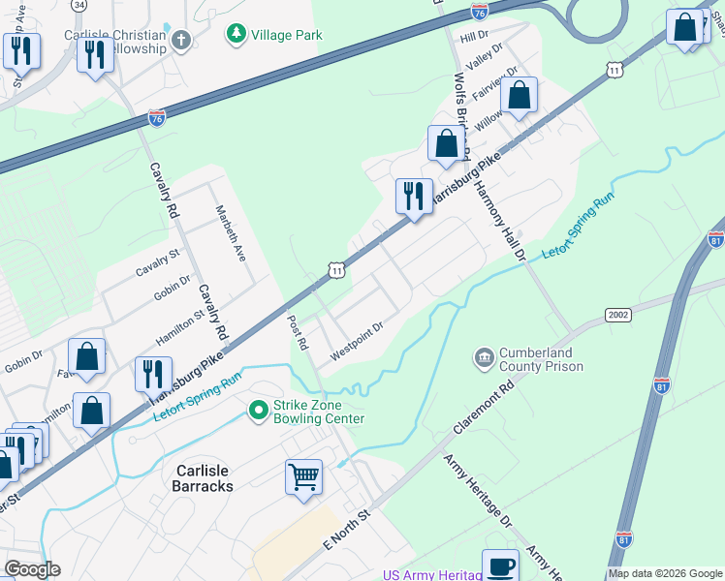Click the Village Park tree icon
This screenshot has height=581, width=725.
coord(236,36)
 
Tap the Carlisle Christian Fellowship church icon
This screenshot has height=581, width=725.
coord(180,40)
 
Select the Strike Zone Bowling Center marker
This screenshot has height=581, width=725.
coord(258,411)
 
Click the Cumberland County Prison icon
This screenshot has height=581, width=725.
coord(483,359)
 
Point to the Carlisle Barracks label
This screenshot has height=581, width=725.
coord(204,477)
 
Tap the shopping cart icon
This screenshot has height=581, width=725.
coord(303,477)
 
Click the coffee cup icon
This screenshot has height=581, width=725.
coord(500,566)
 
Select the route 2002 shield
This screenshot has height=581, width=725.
coord(619,316)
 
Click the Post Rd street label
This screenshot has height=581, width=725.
coord(297,331)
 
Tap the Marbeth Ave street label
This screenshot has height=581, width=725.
coord(232,234)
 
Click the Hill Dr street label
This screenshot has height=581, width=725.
coord(474,36)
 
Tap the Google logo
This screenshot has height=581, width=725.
coord(32,569)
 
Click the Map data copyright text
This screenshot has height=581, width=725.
coord(663,573)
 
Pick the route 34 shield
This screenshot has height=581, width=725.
coord(79,5)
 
